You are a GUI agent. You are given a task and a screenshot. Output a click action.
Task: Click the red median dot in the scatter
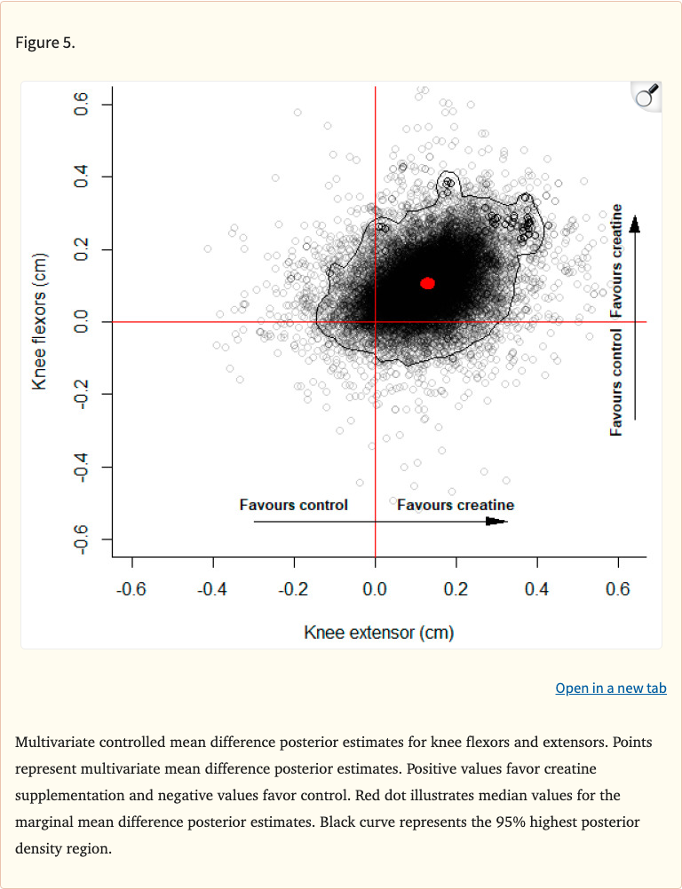427,283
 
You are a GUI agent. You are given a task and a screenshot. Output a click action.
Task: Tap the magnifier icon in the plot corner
646,96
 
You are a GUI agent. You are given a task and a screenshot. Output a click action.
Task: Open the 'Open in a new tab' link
610,688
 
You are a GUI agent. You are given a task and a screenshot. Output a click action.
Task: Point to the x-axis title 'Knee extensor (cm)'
378,633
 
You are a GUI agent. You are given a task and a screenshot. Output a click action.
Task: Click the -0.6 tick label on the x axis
132,589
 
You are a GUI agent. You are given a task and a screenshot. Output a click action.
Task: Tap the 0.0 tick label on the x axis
375,589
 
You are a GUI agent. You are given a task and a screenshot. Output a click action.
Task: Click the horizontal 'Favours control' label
293,505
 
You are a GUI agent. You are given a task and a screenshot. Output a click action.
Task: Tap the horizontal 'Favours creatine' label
455,505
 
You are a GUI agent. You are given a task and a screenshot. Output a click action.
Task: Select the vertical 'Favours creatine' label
615,264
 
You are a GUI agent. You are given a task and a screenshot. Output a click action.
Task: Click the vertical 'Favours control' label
615,382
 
